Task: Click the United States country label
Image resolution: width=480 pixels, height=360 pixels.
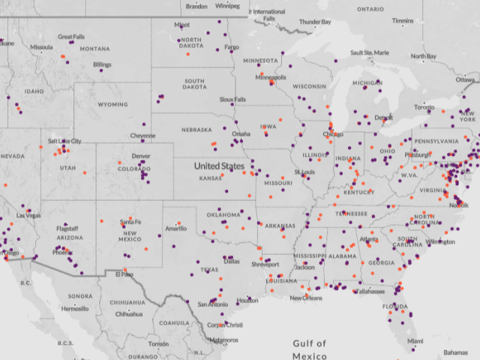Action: click(x=219, y=166)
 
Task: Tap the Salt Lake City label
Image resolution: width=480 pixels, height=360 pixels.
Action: click(x=64, y=141)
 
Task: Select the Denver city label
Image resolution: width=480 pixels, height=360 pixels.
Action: click(x=141, y=156)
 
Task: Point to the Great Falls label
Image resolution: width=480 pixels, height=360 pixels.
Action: click(x=71, y=37)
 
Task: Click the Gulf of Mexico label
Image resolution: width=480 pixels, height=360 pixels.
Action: click(x=310, y=349)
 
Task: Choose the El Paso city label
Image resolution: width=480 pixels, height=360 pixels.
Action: click(x=124, y=274)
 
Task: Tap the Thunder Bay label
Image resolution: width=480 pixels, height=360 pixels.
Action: click(x=315, y=22)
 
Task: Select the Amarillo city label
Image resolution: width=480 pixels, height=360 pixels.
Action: click(x=177, y=227)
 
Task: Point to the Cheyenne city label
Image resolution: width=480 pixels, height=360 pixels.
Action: click(x=142, y=136)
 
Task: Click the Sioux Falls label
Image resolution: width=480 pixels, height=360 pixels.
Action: click(x=232, y=99)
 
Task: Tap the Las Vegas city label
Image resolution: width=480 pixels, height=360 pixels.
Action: click(x=28, y=215)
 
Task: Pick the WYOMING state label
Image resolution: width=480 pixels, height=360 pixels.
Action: click(x=112, y=105)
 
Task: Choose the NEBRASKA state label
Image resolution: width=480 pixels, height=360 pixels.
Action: click(x=196, y=129)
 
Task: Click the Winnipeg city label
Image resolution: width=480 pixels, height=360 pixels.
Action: click(x=227, y=6)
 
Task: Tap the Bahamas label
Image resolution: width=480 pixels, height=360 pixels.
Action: click(x=455, y=352)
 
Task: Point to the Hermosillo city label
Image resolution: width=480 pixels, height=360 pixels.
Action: click(x=74, y=308)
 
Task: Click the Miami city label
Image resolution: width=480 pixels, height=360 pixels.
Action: click(x=415, y=340)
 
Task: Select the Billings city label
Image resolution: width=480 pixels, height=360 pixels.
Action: click(x=103, y=64)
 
